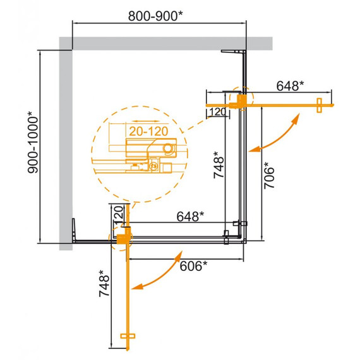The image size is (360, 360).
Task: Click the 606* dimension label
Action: [193, 267]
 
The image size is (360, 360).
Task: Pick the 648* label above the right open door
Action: [290, 85]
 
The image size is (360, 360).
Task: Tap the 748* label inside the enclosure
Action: [217, 165]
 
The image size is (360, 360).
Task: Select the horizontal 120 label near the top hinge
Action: [217, 112]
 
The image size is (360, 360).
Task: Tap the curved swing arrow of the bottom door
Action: [158, 273]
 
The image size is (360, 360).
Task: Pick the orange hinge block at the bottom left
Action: [122, 237]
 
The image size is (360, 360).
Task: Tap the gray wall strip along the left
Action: [66, 145]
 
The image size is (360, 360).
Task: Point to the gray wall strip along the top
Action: [164, 43]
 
